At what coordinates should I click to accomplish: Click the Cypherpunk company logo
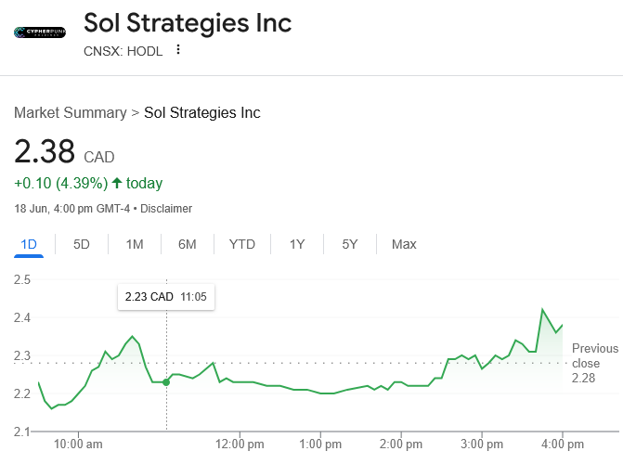click(x=40, y=32)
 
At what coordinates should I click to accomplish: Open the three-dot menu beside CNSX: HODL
click(x=178, y=50)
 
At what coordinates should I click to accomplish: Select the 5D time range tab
click(x=82, y=244)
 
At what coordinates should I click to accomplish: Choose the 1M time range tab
click(x=135, y=244)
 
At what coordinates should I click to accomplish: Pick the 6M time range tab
click(x=188, y=244)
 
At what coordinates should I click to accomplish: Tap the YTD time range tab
click(x=242, y=244)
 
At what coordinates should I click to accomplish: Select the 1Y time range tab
click(x=297, y=244)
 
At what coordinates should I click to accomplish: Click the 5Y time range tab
click(x=350, y=244)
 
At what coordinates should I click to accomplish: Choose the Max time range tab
click(x=404, y=244)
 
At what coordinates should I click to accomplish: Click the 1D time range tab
click(x=29, y=244)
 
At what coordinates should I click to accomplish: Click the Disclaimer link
click(x=167, y=209)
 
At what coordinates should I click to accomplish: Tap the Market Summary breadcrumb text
click(x=70, y=113)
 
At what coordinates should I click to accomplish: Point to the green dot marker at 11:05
click(x=166, y=382)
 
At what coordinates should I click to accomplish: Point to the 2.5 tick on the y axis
click(x=22, y=279)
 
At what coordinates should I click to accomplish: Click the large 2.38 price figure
click(x=45, y=152)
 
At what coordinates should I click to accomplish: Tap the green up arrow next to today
click(x=117, y=183)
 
